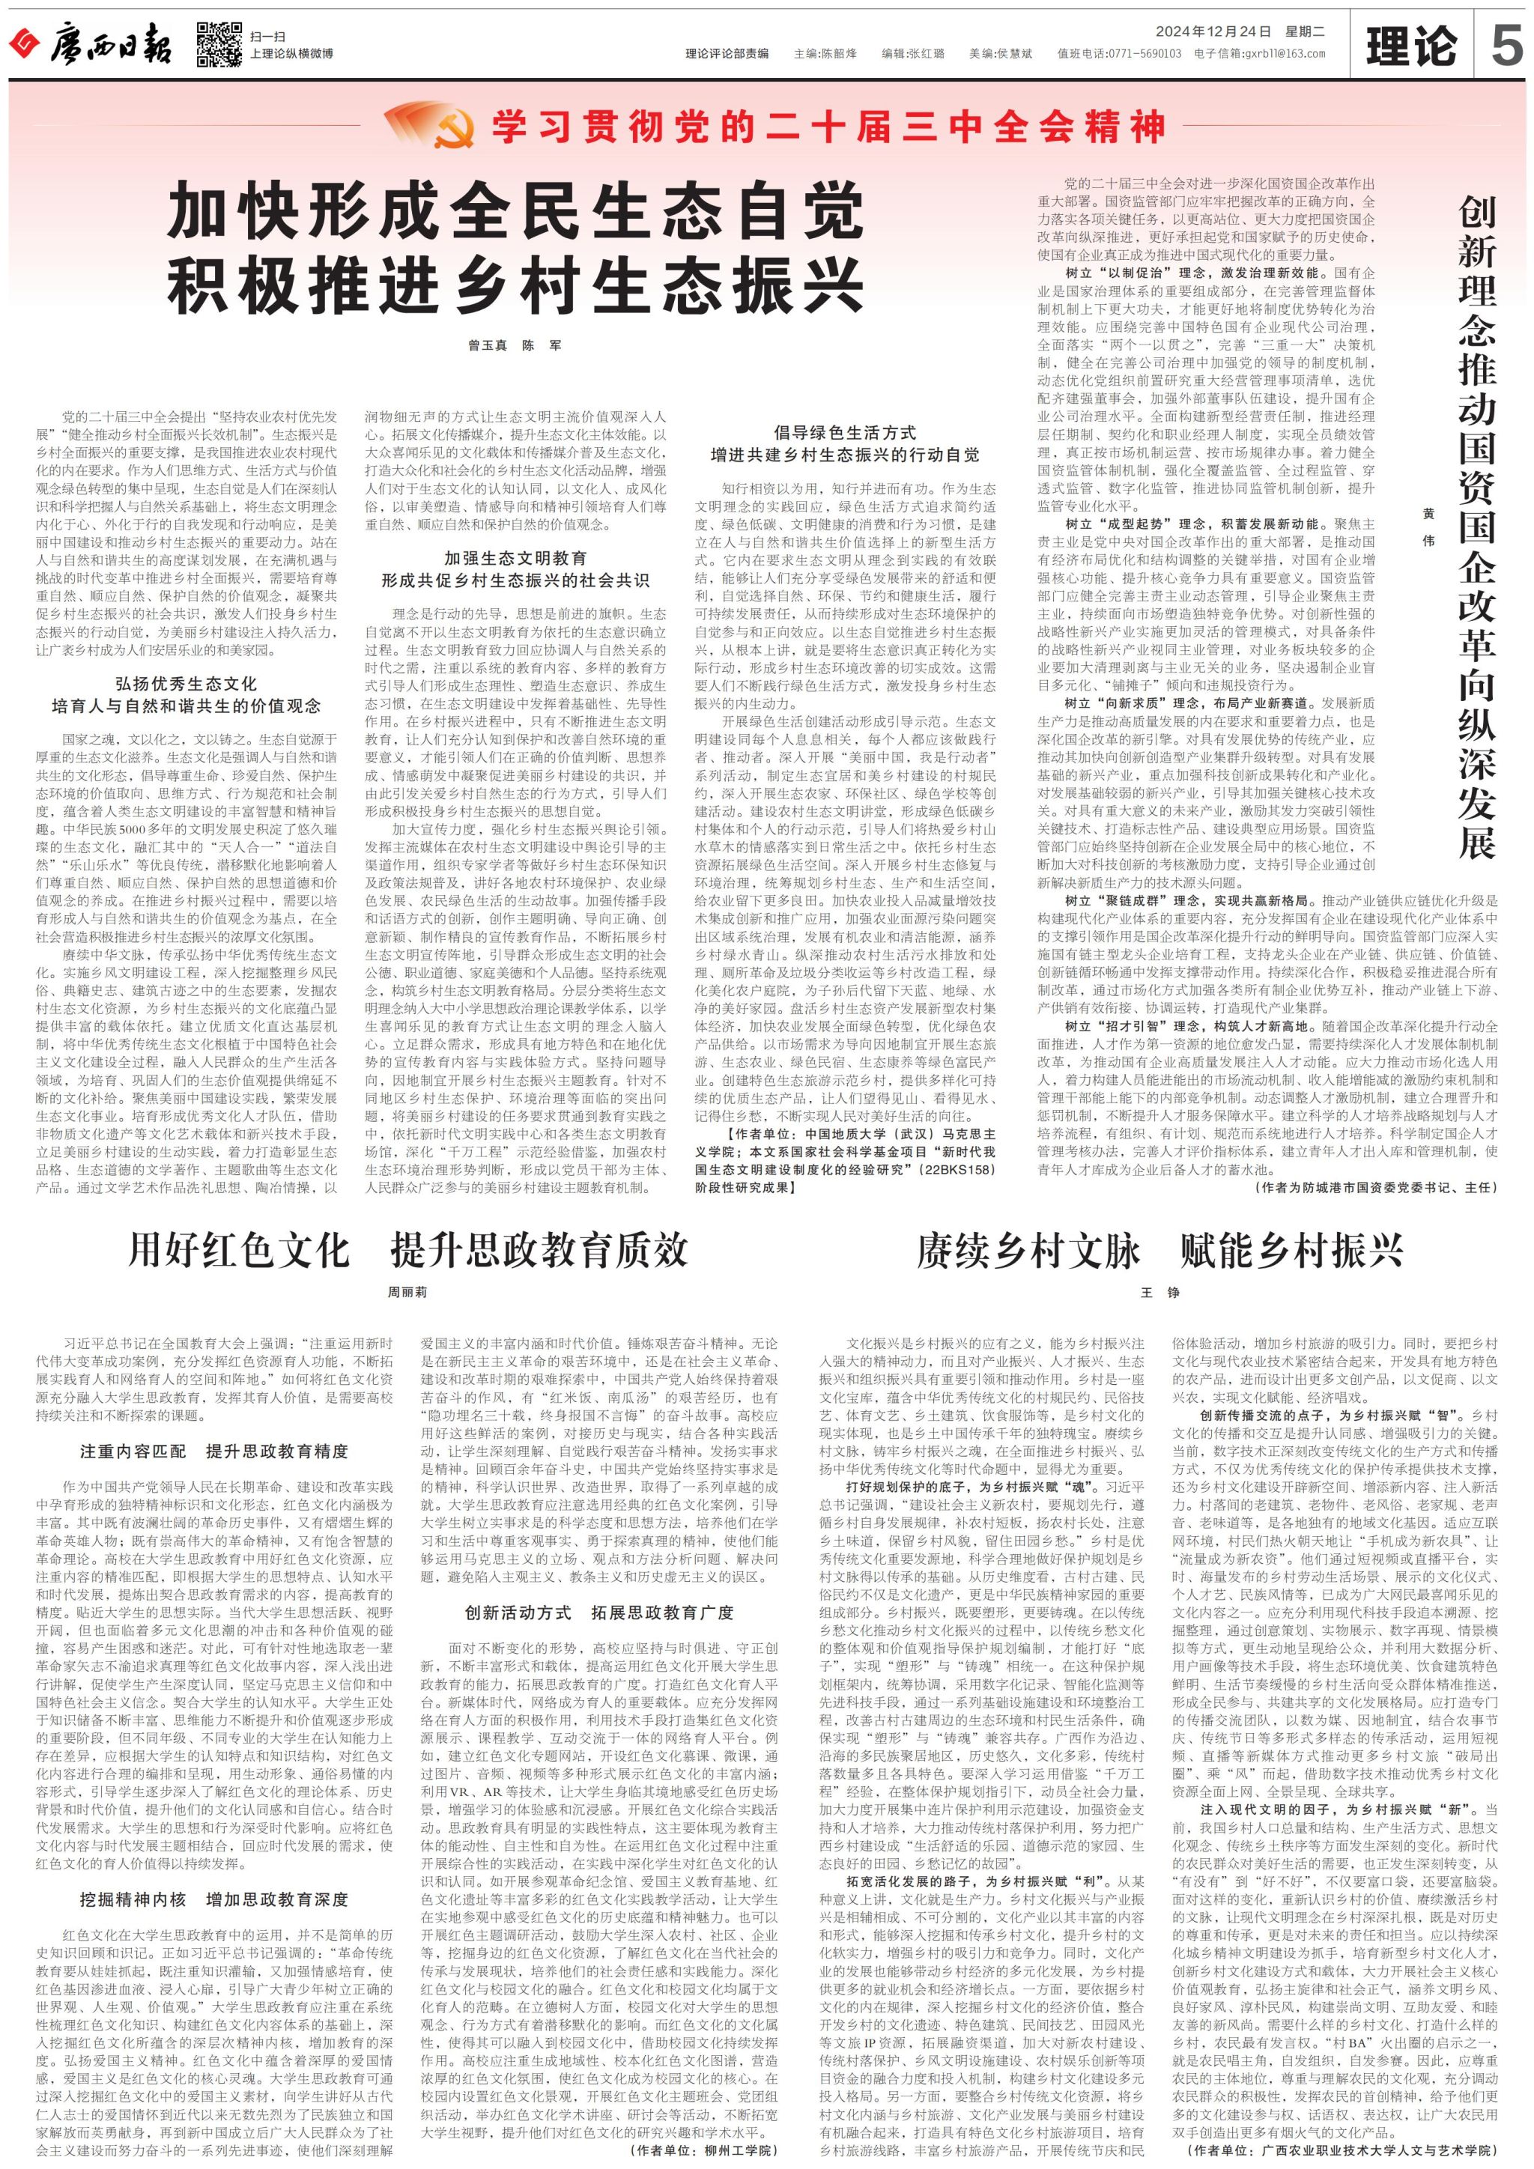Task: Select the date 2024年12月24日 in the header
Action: (1213, 31)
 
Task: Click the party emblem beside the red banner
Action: (451, 129)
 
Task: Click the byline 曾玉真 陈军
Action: (515, 346)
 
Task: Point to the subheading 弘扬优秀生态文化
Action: (186, 684)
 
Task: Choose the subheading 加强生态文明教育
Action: (515, 558)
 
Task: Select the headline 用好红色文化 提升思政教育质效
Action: (408, 1251)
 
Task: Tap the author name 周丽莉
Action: (407, 1291)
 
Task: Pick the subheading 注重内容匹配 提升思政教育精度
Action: (213, 1451)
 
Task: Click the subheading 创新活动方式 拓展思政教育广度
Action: (599, 1613)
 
